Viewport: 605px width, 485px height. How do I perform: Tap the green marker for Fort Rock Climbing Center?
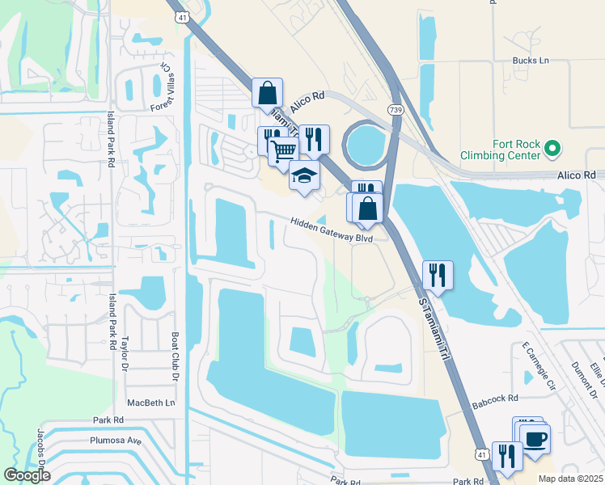coord(552,148)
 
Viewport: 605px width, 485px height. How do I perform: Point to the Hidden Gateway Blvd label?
coord(332,230)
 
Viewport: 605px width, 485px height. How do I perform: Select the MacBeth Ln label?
coord(150,402)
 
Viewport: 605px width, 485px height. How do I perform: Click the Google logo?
coord(27,475)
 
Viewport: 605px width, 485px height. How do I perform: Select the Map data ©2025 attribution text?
coord(570,479)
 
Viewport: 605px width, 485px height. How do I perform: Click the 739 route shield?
coord(396,109)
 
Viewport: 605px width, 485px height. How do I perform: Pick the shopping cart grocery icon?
coord(283,150)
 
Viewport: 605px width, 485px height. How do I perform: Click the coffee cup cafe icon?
coord(536,440)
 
